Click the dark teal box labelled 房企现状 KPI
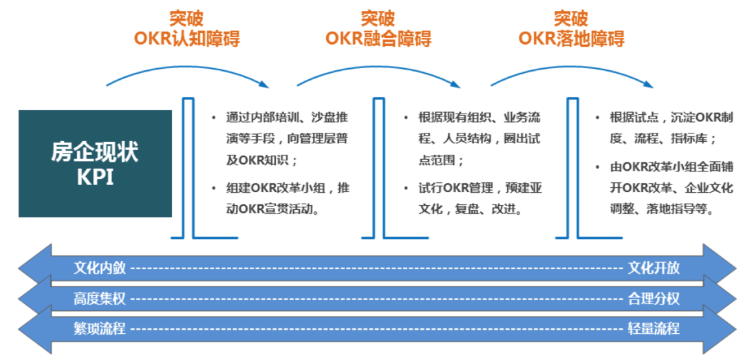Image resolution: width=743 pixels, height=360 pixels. (95, 163)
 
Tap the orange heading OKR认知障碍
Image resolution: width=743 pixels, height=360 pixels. (186, 38)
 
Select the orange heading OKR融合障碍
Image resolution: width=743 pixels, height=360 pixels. (378, 38)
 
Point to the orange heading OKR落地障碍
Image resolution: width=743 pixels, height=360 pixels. (571, 38)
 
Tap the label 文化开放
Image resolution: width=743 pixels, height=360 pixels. (654, 268)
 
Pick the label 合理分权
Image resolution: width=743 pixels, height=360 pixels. (654, 299)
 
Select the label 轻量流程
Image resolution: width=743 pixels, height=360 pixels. (654, 328)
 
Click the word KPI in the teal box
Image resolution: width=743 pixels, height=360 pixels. (95, 177)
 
